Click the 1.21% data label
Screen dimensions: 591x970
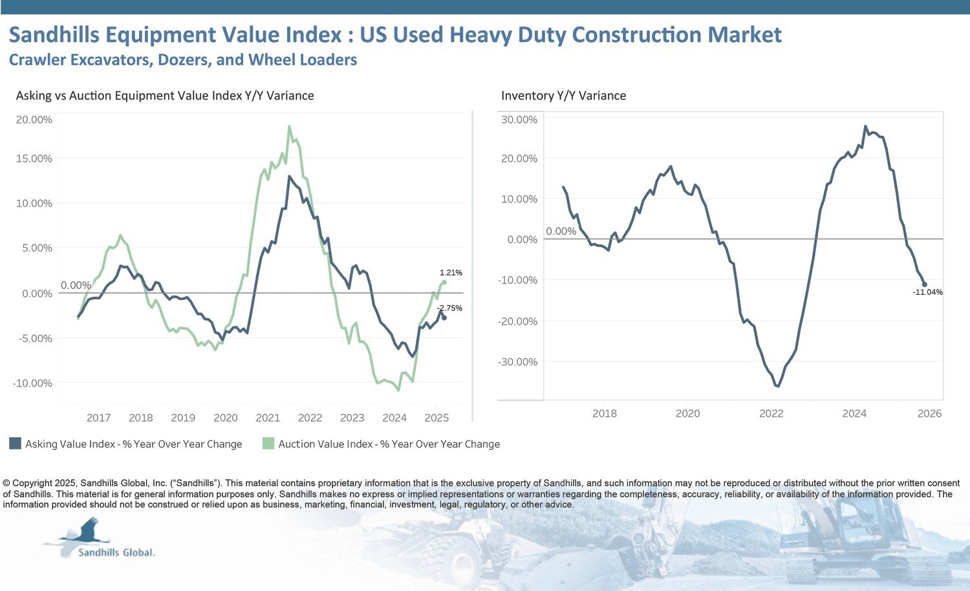click(x=451, y=273)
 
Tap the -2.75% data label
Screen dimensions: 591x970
click(x=449, y=308)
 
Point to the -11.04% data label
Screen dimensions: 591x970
click(x=927, y=292)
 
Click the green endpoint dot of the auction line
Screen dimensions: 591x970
click(x=444, y=282)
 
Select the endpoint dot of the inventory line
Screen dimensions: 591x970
click(x=924, y=285)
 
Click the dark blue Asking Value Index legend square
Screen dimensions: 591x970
click(x=15, y=444)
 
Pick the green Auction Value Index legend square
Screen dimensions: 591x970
click(x=268, y=444)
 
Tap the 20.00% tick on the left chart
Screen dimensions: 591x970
click(x=34, y=120)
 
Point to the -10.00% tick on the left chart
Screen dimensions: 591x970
click(x=32, y=383)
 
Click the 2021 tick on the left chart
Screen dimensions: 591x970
click(x=268, y=418)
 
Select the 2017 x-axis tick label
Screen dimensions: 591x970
click(x=98, y=418)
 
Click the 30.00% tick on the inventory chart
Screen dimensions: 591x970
click(x=519, y=120)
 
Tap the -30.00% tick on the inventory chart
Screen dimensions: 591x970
click(x=517, y=362)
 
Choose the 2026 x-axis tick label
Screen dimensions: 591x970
click(x=929, y=413)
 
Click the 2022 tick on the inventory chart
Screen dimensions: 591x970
click(x=771, y=413)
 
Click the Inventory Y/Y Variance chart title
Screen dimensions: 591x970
click(x=563, y=96)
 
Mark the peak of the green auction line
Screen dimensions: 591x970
click(x=289, y=126)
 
